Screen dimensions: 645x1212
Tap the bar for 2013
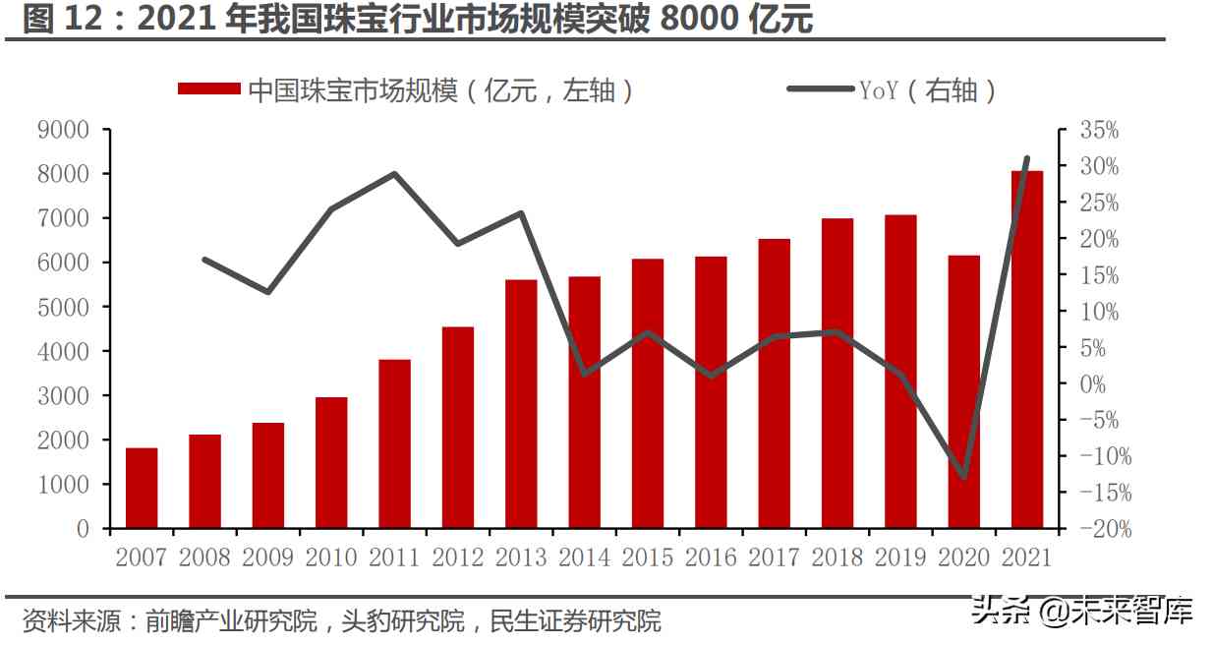pos(521,404)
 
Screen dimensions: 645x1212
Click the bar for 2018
pos(837,374)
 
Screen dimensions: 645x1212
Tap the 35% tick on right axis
pos(1098,130)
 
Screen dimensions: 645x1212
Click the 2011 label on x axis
pos(394,557)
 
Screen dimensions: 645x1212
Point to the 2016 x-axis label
pos(711,557)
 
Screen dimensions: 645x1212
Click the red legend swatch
pos(208,89)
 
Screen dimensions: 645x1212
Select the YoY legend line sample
pos(820,89)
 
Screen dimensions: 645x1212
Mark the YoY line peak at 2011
pos(394,174)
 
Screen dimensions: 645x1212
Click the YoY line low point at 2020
pos(963,478)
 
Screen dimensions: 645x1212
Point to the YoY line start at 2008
pos(204,260)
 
